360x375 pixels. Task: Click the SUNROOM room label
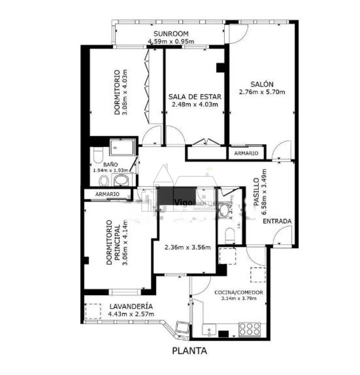click(171, 33)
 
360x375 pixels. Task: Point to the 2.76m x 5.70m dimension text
click(261, 92)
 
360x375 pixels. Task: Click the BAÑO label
click(102, 164)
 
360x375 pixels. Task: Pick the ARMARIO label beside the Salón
click(246, 153)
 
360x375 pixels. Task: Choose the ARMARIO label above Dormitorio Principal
click(102, 194)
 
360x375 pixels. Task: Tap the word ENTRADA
click(277, 221)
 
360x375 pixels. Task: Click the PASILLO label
click(256, 192)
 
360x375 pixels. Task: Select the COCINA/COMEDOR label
click(238, 292)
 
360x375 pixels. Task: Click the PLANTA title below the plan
click(190, 351)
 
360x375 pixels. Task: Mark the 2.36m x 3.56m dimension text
click(188, 247)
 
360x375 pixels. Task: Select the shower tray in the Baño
click(122, 148)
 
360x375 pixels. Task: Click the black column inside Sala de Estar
click(220, 68)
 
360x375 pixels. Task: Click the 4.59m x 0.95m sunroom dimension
click(171, 41)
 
